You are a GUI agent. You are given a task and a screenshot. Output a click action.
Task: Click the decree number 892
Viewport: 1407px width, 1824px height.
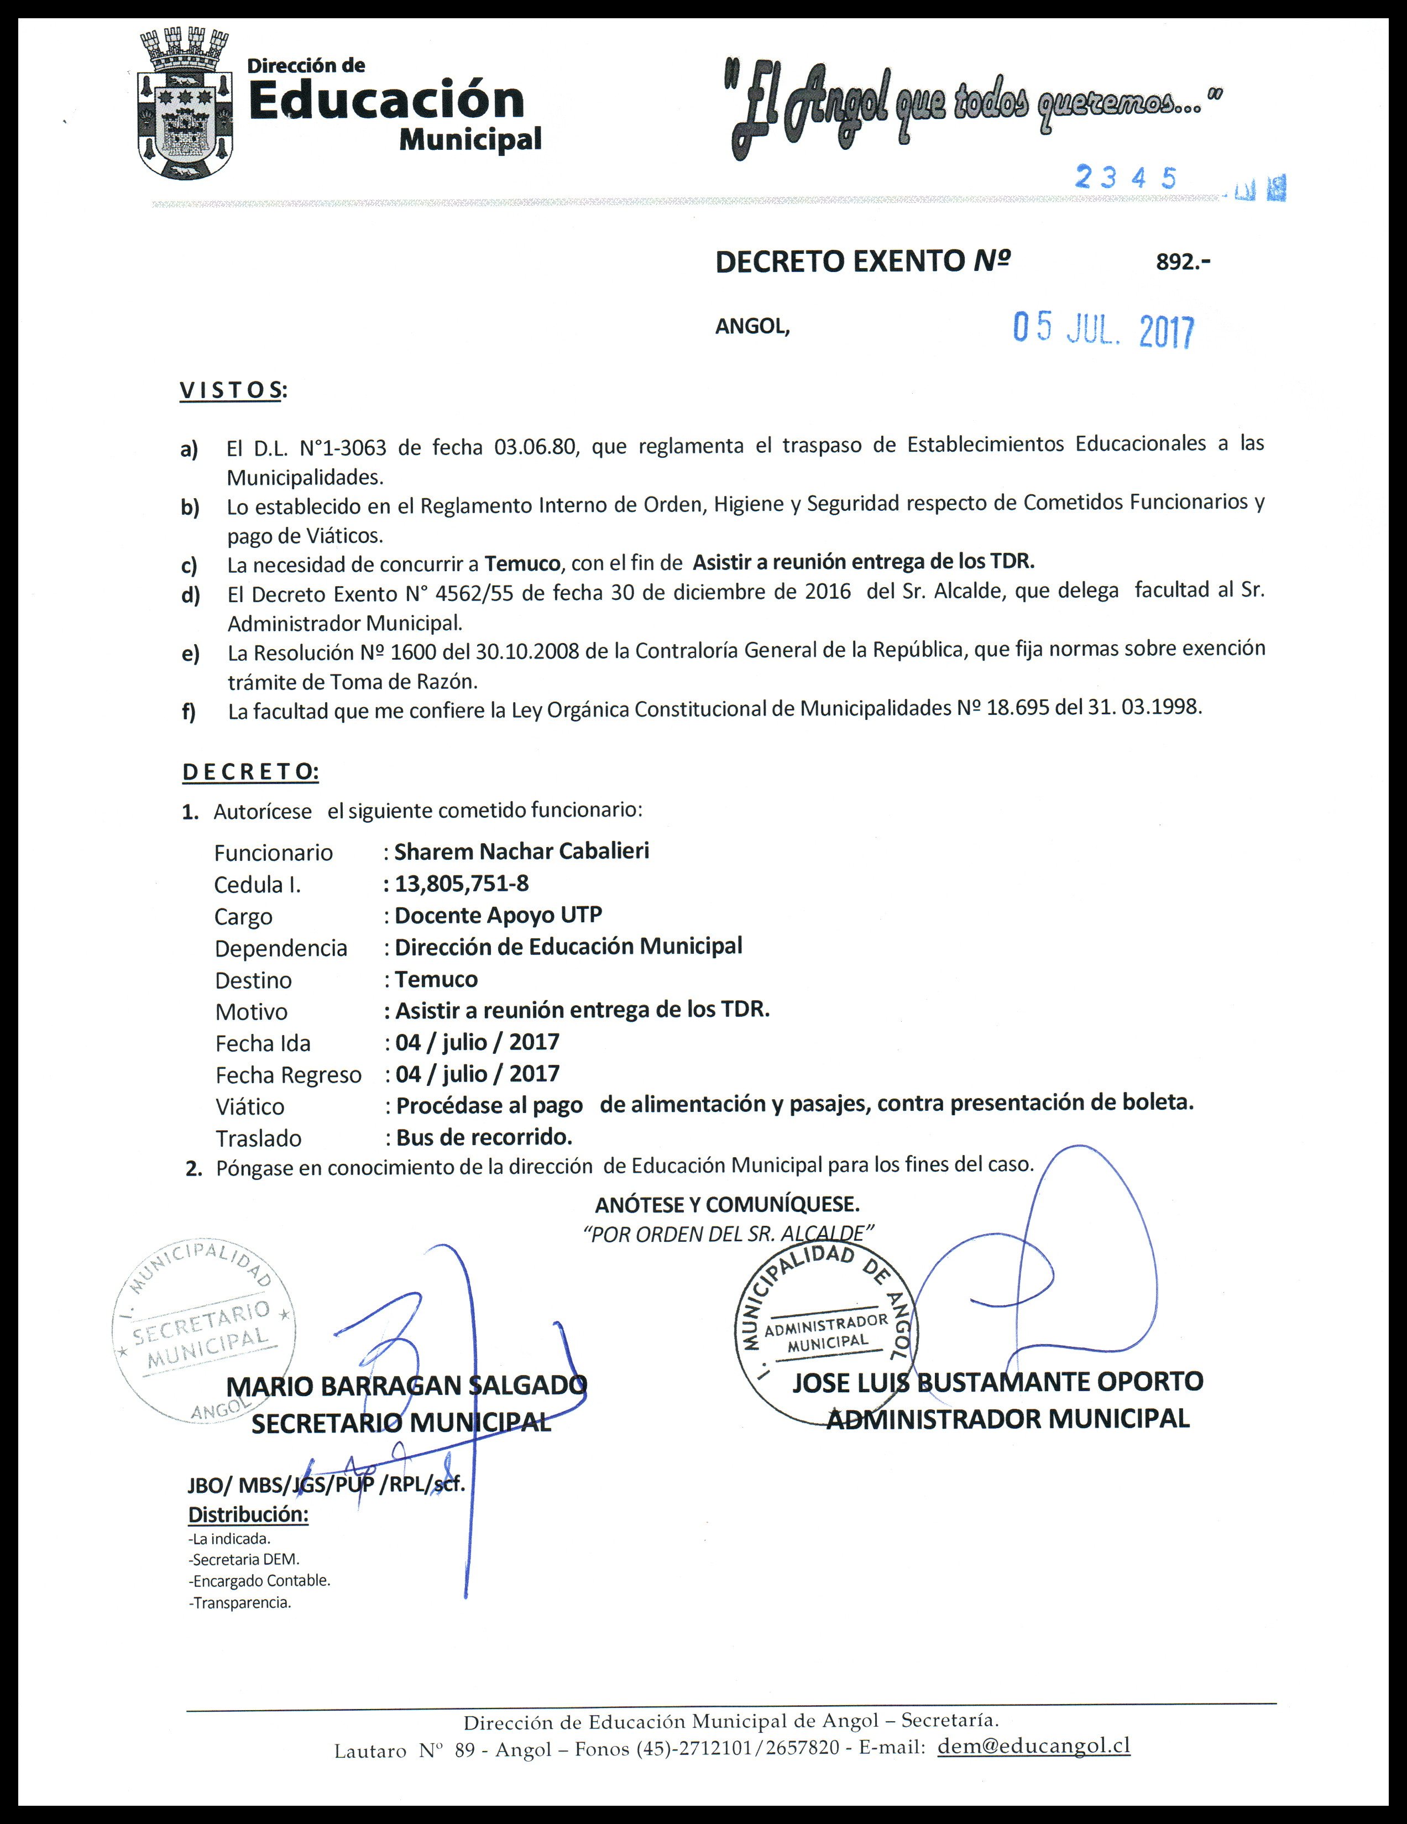[x=1183, y=262]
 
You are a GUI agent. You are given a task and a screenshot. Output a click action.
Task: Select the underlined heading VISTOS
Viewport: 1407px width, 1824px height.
[x=231, y=390]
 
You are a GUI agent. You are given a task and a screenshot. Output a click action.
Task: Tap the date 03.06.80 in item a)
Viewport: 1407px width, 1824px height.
[x=535, y=446]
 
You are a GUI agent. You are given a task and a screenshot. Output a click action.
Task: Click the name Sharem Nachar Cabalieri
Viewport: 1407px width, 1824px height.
[x=521, y=851]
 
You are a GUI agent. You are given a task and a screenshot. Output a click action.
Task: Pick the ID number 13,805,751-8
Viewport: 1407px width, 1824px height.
[x=462, y=883]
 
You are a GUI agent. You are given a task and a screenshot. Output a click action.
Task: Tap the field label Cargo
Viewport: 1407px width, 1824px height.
[x=243, y=916]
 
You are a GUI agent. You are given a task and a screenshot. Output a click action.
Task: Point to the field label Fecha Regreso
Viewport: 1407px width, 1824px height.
[x=288, y=1075]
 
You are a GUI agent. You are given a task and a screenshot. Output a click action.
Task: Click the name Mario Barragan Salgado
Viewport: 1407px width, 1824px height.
[x=406, y=1386]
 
